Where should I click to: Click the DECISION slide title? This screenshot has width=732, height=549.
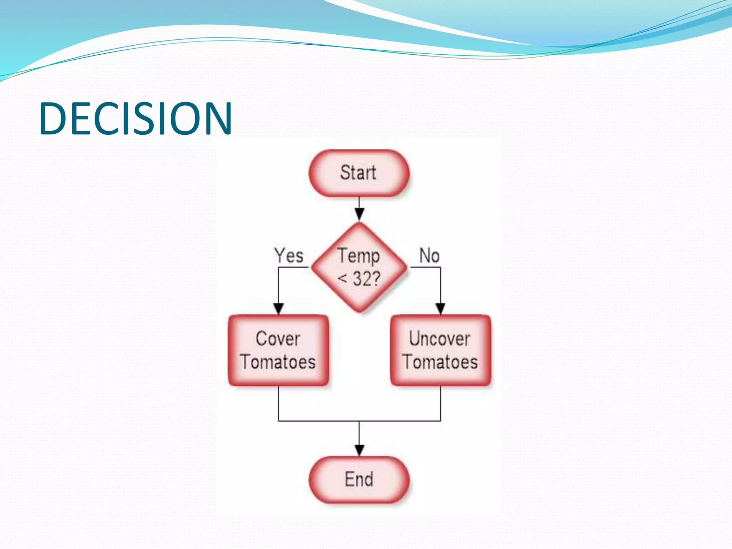[x=136, y=118]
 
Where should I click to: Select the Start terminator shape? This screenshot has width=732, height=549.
[x=359, y=173]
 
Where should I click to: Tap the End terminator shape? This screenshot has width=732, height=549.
[x=359, y=479]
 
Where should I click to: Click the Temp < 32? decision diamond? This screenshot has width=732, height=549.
[x=359, y=267]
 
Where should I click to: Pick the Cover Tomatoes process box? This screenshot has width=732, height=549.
[x=278, y=350]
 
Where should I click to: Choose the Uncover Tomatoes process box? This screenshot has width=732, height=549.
[x=440, y=350]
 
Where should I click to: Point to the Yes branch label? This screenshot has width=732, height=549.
[x=289, y=256]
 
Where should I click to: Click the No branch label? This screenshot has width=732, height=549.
[x=429, y=256]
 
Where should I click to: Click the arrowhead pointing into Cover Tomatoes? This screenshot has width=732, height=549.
[x=278, y=308]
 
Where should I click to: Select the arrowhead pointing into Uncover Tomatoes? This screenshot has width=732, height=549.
[x=440, y=308]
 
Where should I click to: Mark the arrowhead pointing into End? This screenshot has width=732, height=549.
[x=359, y=450]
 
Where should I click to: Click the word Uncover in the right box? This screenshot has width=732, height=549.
[x=440, y=338]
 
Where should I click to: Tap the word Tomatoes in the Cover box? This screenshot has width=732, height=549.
[x=278, y=362]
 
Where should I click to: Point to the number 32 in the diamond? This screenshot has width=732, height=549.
[x=361, y=279]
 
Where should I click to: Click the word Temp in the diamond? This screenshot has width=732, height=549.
[x=359, y=256]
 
